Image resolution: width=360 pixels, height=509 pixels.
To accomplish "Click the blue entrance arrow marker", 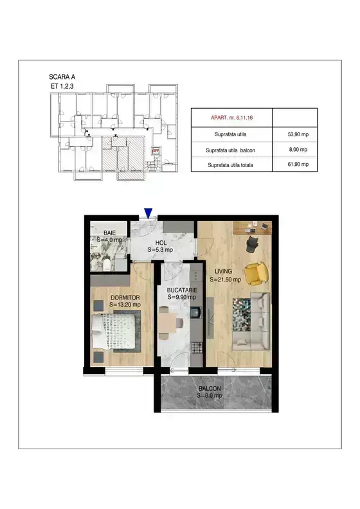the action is (x=148, y=213).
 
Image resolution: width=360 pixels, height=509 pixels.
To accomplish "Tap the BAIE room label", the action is (x=110, y=233).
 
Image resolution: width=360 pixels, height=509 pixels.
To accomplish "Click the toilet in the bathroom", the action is (x=107, y=265).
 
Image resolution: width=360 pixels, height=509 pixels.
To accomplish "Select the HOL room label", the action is (x=161, y=242).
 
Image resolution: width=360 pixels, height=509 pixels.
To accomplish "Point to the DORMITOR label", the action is (x=125, y=298).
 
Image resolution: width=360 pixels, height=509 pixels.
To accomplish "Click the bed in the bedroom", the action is (x=114, y=332).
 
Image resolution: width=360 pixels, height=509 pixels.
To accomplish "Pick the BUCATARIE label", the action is (x=182, y=290).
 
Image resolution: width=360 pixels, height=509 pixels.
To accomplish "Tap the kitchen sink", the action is (x=196, y=312).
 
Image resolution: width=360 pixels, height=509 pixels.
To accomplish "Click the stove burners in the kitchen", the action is (x=197, y=347).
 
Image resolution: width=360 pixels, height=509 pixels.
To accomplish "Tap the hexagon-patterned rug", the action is (x=242, y=314).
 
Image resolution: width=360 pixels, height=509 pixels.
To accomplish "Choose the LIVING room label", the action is (x=223, y=271).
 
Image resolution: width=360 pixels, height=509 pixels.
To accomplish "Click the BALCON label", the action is (x=210, y=388).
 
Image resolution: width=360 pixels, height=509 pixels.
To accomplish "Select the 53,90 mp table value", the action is (x=298, y=134).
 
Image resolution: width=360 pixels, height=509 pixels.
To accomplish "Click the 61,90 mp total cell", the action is (x=298, y=165).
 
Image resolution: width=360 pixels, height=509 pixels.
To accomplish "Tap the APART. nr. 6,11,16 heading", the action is (x=232, y=118).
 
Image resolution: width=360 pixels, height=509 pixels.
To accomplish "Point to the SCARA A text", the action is (x=62, y=77).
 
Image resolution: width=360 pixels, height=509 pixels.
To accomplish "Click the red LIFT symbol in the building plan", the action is (x=156, y=150).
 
